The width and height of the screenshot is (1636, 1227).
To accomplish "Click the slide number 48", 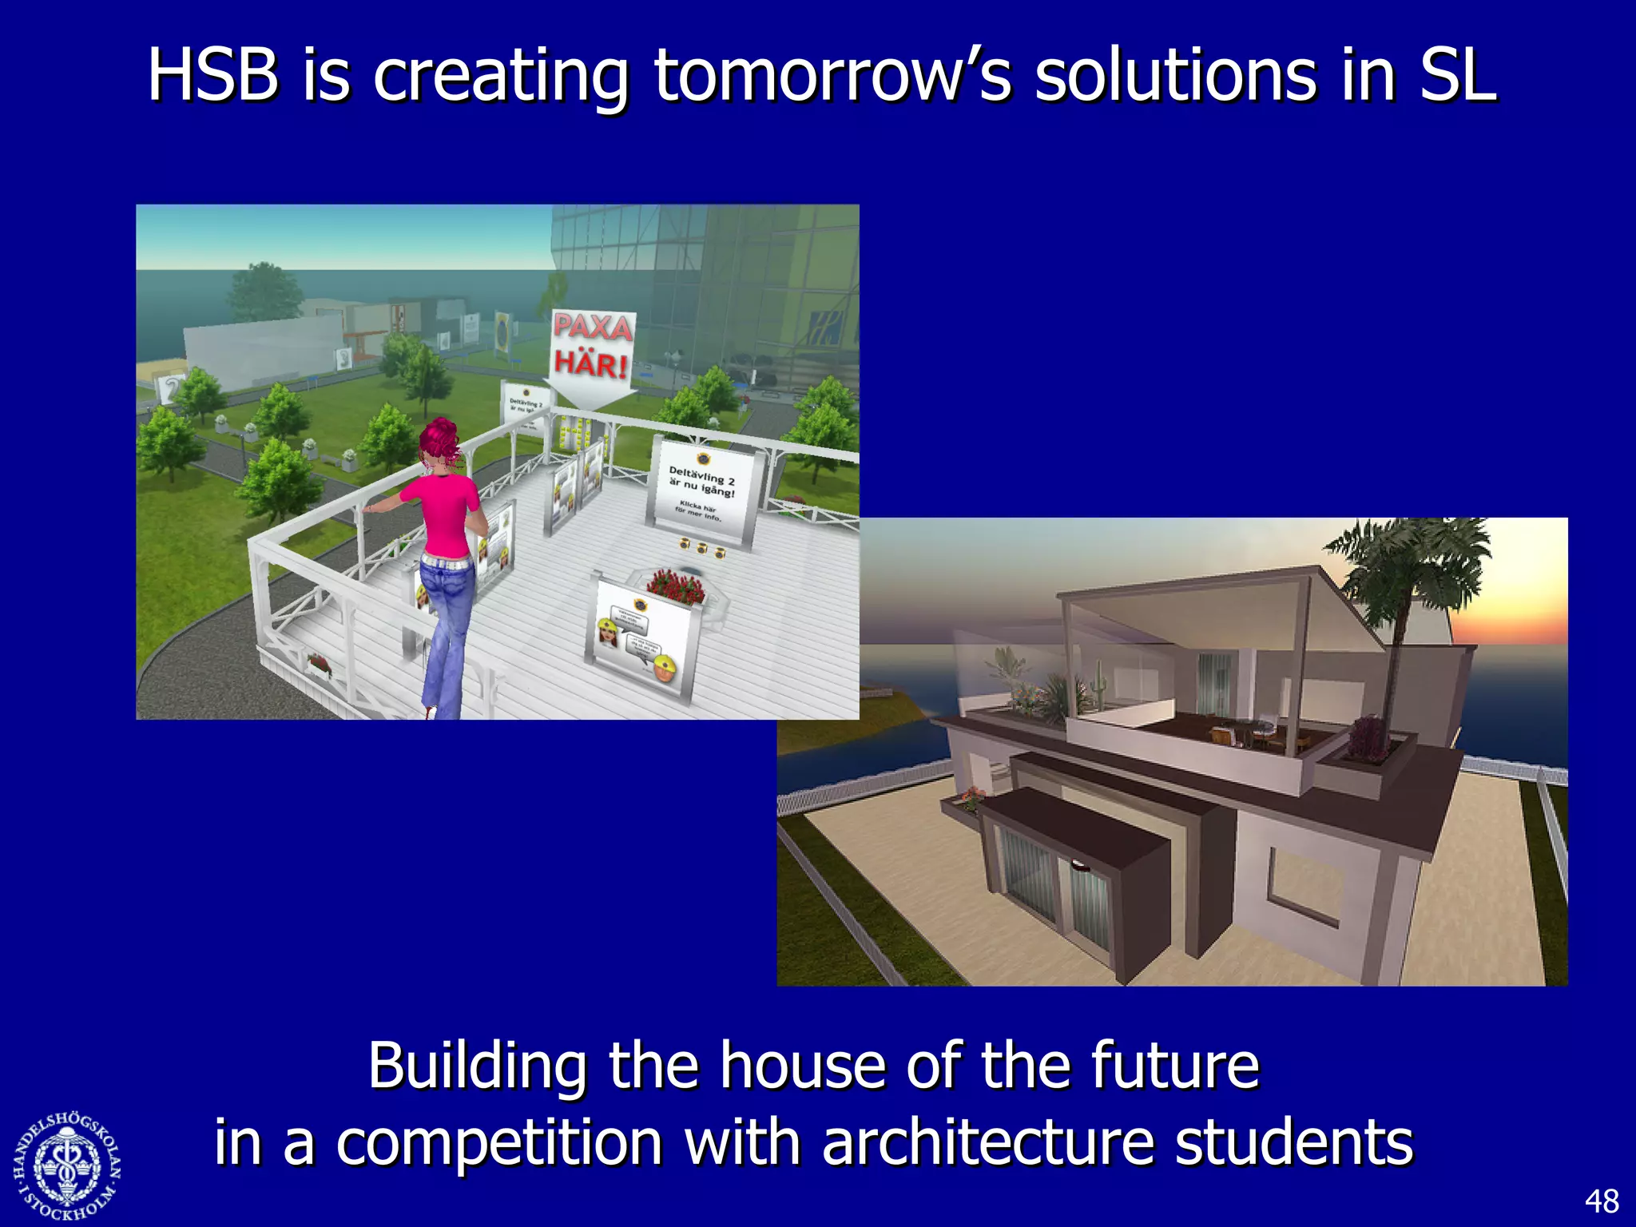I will pyautogui.click(x=1601, y=1201).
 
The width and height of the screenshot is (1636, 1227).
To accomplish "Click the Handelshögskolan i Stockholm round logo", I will pyautogui.click(x=67, y=1166).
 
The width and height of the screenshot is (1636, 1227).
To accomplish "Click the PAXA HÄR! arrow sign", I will pyautogui.click(x=594, y=351).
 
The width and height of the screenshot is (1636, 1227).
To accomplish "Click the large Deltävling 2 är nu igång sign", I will pyautogui.click(x=702, y=491).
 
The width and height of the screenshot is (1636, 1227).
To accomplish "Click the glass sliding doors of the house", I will pyautogui.click(x=1050, y=887).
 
